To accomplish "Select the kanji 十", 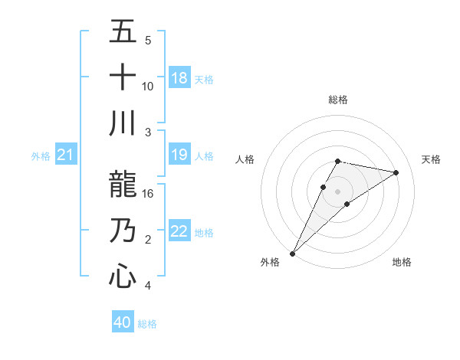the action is pyautogui.click(x=123, y=77).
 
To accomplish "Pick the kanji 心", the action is pyautogui.click(x=123, y=275).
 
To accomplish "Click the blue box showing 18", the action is pyautogui.click(x=179, y=78).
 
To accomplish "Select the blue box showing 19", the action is pyautogui.click(x=179, y=155).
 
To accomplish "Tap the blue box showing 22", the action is pyautogui.click(x=179, y=231).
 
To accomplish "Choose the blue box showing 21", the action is pyautogui.click(x=66, y=155).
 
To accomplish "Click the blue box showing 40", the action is pyautogui.click(x=123, y=322).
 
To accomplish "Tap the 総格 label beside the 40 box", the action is pyautogui.click(x=147, y=324).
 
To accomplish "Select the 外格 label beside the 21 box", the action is pyautogui.click(x=41, y=156).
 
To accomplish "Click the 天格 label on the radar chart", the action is pyautogui.click(x=431, y=159).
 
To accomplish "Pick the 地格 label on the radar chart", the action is pyautogui.click(x=402, y=262).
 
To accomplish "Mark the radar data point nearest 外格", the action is pyautogui.click(x=292, y=253).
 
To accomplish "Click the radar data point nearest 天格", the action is pyautogui.click(x=396, y=172).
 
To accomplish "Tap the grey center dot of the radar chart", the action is pyautogui.click(x=337, y=191).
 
